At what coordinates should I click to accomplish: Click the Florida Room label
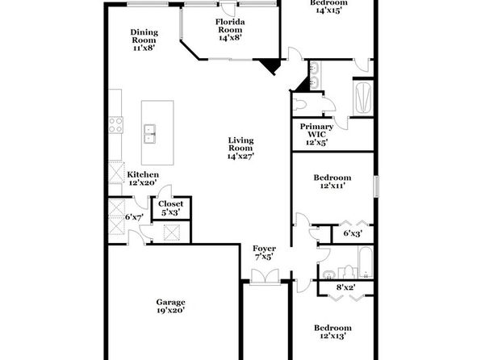(x=230, y=26)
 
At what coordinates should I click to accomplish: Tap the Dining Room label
(x=144, y=36)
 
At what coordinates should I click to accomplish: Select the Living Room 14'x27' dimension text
(x=240, y=157)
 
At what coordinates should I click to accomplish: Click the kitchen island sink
(x=149, y=134)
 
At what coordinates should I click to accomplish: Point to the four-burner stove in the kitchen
(x=116, y=125)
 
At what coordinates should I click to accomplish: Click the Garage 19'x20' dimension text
(x=170, y=310)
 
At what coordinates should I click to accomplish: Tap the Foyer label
(x=264, y=249)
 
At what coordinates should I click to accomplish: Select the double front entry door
(x=265, y=277)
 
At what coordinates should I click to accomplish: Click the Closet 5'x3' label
(x=170, y=207)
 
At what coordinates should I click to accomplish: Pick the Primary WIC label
(x=316, y=131)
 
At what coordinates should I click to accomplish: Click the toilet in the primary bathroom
(x=299, y=105)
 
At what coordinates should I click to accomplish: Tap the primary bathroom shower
(x=363, y=98)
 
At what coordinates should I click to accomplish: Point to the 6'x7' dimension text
(x=134, y=217)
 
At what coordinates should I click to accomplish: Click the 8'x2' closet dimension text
(x=345, y=287)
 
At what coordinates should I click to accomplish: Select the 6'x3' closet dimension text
(x=353, y=233)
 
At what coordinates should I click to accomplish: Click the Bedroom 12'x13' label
(x=333, y=332)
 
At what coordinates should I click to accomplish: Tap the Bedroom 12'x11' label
(x=333, y=182)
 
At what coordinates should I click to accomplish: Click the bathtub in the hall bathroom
(x=366, y=262)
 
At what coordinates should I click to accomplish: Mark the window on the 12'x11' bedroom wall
(x=376, y=186)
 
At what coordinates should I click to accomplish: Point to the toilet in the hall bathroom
(x=348, y=272)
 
